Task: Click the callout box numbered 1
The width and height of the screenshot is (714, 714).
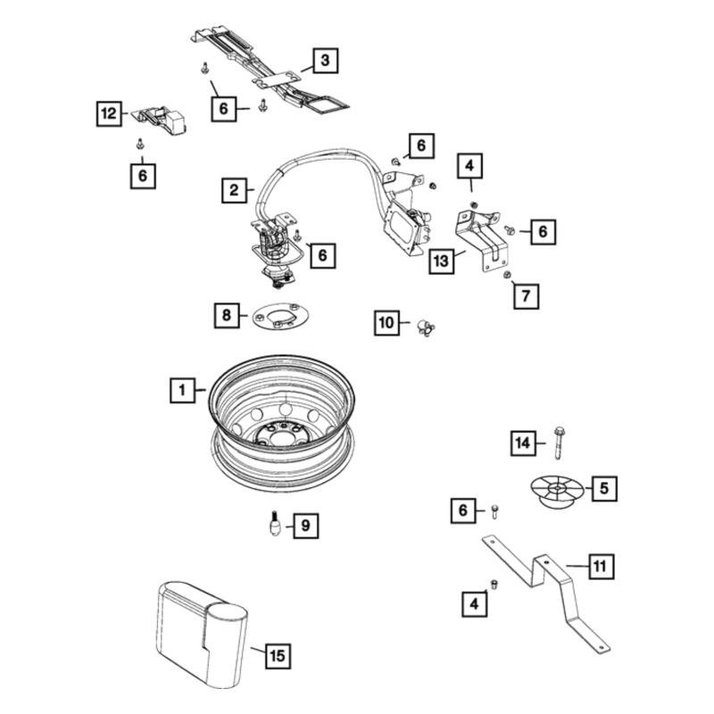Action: click(182, 390)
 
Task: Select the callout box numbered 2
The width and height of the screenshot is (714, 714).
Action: click(234, 190)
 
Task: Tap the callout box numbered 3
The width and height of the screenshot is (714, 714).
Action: click(326, 61)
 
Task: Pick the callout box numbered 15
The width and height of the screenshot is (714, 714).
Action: click(277, 656)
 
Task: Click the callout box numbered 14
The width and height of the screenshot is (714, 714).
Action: click(523, 442)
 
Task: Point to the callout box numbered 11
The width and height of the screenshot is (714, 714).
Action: click(600, 566)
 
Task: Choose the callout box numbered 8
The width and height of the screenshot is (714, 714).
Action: click(227, 315)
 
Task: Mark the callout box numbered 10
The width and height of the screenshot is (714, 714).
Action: click(386, 322)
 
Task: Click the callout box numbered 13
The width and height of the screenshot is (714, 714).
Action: click(441, 262)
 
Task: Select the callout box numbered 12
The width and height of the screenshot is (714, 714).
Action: click(108, 113)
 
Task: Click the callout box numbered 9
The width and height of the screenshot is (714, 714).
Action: click(304, 526)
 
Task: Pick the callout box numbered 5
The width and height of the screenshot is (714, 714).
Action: click(603, 488)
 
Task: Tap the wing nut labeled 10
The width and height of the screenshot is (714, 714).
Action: click(428, 326)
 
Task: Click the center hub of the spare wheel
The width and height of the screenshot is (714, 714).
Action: click(274, 435)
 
